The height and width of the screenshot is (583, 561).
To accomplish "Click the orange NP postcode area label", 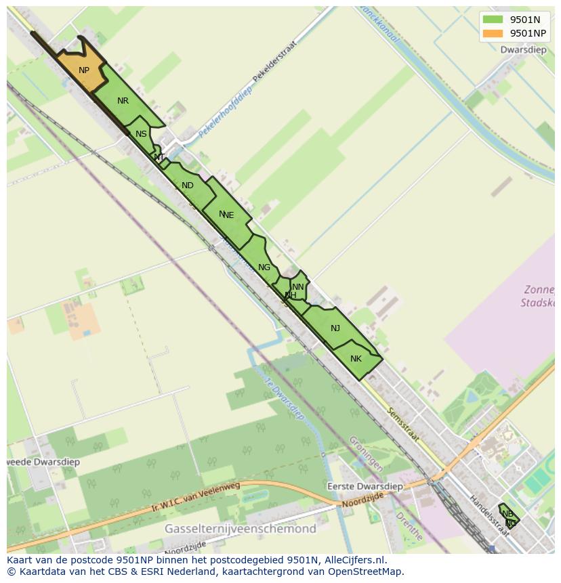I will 84,70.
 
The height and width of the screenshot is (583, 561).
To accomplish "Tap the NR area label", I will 123,101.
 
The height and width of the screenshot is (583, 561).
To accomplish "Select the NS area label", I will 141,134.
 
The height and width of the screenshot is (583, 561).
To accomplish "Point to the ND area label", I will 188,186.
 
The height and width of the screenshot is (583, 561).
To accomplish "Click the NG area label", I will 264,267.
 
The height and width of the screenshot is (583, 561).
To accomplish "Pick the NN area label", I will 298,287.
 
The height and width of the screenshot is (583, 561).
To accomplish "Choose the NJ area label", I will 335,328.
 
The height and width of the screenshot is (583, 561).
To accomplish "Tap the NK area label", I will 356,359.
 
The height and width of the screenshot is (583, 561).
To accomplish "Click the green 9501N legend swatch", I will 493,20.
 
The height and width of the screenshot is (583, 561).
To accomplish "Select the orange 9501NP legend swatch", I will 493,33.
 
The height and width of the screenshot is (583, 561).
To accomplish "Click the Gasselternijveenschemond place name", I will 241,528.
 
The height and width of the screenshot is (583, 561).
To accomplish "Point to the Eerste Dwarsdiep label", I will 365,486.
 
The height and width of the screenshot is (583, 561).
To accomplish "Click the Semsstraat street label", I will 404,425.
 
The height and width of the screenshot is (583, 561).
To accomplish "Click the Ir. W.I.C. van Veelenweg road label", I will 196,497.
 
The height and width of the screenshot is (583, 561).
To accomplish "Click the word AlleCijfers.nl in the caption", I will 355,560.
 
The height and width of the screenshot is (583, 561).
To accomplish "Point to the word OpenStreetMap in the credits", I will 369,571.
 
